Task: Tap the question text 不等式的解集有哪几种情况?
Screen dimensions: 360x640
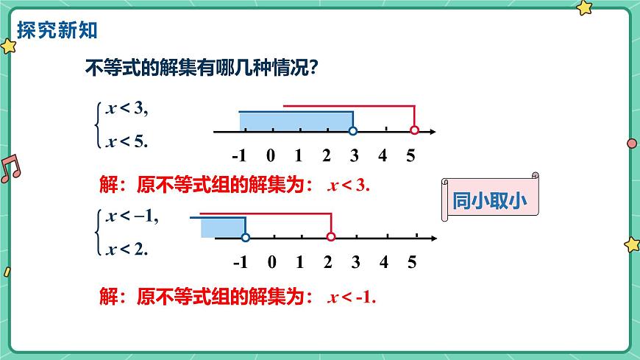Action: pyautogui.click(x=202, y=68)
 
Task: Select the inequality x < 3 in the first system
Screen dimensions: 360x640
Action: pyautogui.click(x=127, y=109)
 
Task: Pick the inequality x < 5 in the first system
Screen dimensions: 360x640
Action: pyautogui.click(x=127, y=141)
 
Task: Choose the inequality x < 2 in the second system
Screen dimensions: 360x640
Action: pyautogui.click(x=127, y=249)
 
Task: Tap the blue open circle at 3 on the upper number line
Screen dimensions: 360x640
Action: pyautogui.click(x=353, y=131)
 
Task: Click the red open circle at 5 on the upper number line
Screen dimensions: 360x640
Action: pyautogui.click(x=414, y=131)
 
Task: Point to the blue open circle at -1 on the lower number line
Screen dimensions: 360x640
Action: pyautogui.click(x=245, y=238)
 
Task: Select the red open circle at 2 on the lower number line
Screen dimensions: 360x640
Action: pyautogui.click(x=330, y=238)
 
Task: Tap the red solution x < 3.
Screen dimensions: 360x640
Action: pyautogui.click(x=349, y=186)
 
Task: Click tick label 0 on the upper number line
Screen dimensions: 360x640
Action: pyautogui.click(x=270, y=155)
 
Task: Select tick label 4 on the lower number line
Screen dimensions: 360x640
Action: pyautogui.click(x=383, y=261)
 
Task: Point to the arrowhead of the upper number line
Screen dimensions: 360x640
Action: pyautogui.click(x=433, y=131)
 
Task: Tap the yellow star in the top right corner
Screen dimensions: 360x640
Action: pyautogui.click(x=585, y=8)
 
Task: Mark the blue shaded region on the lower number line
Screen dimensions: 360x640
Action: pyautogui.click(x=222, y=227)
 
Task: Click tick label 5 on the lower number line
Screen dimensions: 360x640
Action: pyautogui.click(x=411, y=261)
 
